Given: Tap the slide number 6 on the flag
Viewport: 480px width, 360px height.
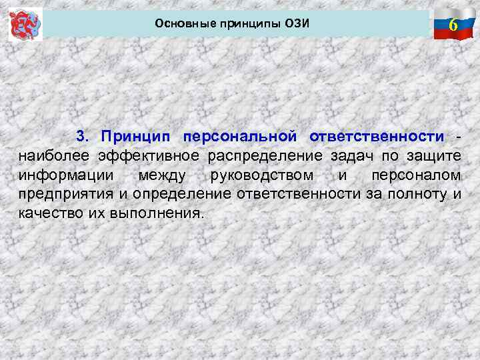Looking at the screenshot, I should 453,26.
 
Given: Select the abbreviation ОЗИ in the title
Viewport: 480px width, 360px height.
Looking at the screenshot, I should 297,24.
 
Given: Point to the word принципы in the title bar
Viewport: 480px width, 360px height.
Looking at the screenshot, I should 243,24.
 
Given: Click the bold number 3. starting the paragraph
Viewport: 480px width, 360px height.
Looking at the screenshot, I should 83,137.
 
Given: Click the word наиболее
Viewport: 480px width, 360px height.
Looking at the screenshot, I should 54,156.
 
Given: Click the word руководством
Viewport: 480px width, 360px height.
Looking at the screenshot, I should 261,175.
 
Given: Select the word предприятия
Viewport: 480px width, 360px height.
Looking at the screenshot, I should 61,195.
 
